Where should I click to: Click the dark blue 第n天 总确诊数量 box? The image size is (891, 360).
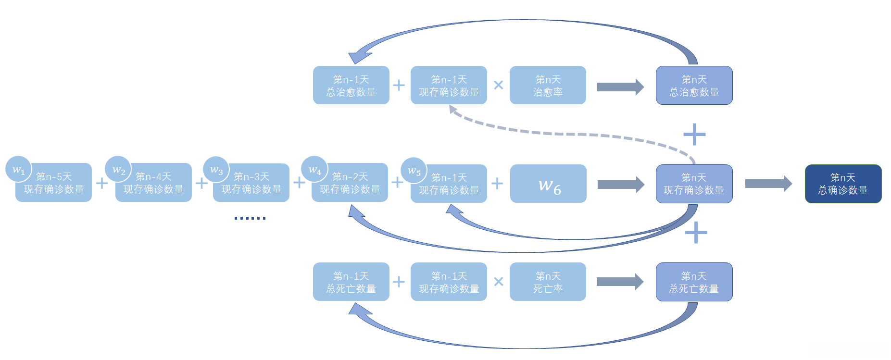click(843, 184)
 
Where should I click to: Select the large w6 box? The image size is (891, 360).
click(548, 184)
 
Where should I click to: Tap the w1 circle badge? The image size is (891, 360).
click(18, 169)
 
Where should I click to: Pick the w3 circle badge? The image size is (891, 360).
click(216, 170)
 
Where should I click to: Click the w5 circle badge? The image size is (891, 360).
click(414, 171)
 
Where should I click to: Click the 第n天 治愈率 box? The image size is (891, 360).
click(548, 85)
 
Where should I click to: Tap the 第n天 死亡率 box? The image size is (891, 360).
click(548, 282)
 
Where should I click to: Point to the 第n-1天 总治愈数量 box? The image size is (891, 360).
click(351, 85)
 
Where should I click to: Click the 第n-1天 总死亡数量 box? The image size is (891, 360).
click(351, 282)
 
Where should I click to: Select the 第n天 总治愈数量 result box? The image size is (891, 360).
click(694, 85)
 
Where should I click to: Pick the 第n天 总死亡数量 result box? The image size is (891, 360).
click(694, 282)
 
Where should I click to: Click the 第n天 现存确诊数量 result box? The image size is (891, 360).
click(694, 184)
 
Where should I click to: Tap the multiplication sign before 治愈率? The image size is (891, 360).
click(499, 85)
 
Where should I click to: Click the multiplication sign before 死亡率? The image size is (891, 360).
click(499, 282)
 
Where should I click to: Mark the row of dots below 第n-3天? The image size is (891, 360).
click(250, 218)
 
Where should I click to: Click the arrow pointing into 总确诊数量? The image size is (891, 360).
click(768, 184)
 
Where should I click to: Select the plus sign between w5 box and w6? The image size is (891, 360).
click(497, 183)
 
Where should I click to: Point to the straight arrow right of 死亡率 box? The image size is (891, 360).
click(620, 282)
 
